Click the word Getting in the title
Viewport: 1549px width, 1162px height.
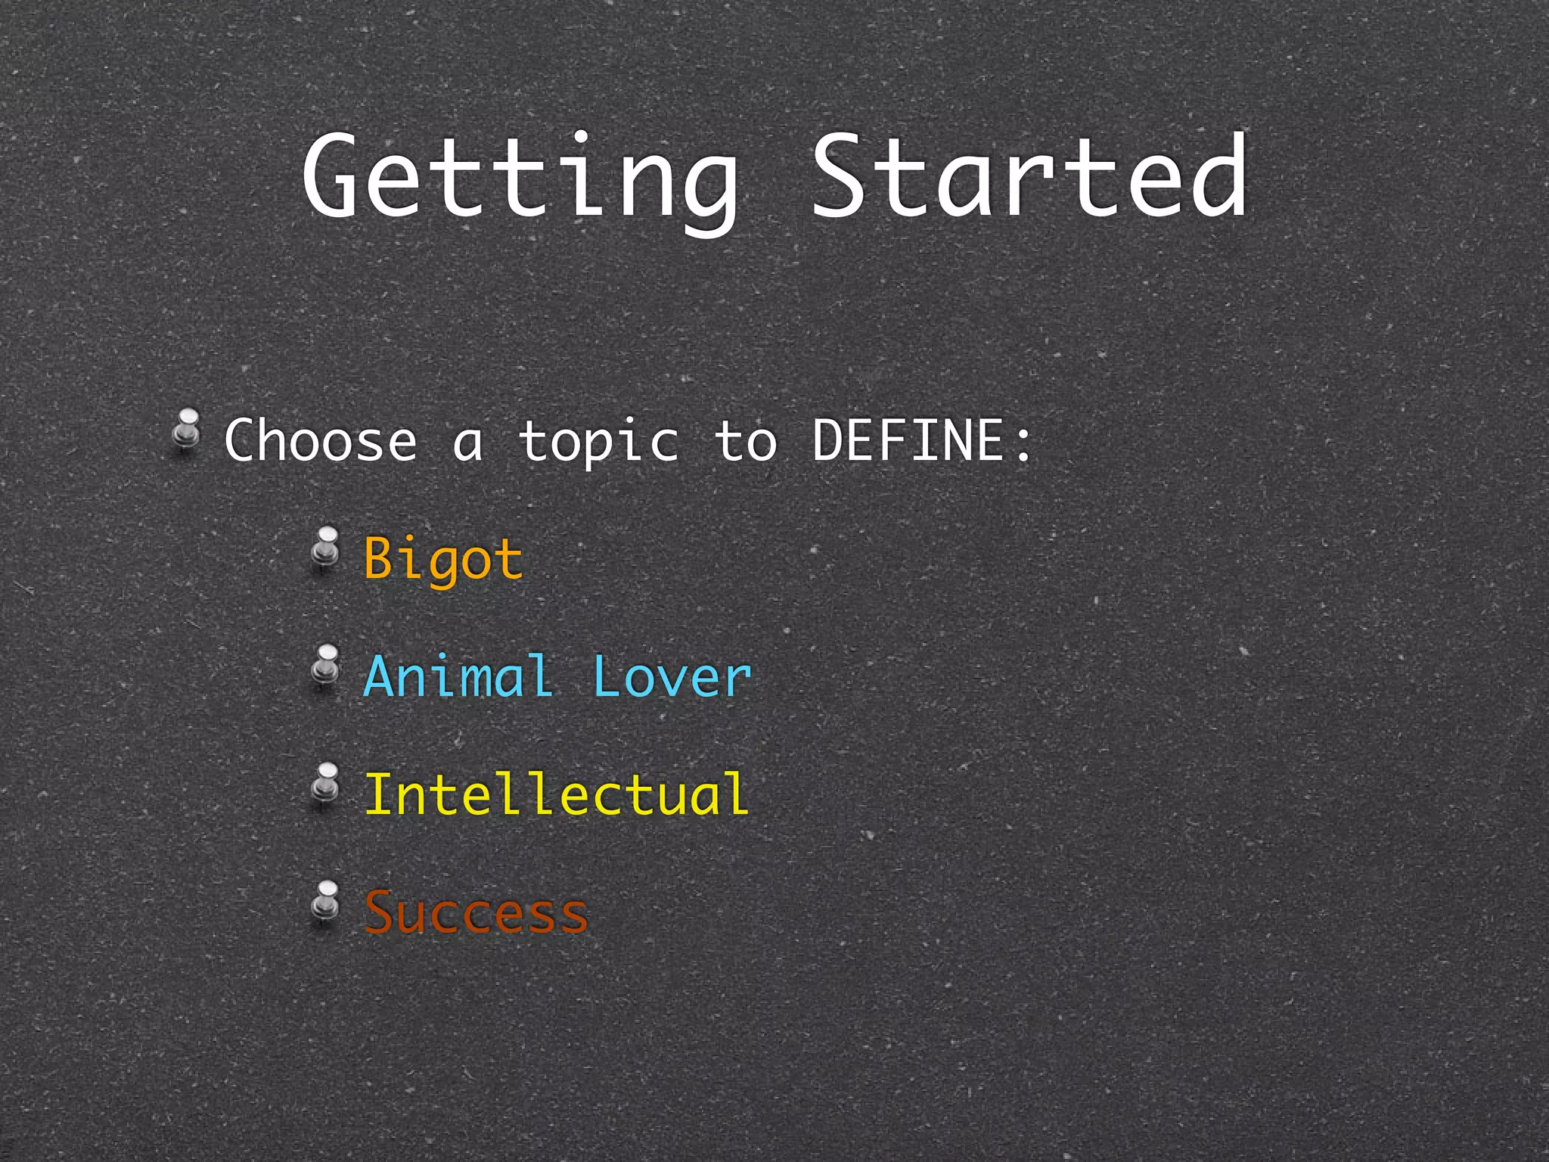[520, 179]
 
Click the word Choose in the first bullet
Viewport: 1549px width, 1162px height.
[321, 440]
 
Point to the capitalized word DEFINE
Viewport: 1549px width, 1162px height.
[908, 440]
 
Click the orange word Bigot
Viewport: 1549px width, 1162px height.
[443, 560]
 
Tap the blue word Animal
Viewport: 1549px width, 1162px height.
[458, 676]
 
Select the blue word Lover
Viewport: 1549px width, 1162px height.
[672, 676]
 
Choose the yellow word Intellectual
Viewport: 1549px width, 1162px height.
[557, 794]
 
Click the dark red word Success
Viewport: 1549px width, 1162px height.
[476, 912]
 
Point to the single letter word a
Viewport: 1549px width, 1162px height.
[467, 445]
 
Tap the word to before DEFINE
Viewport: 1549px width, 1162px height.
[746, 442]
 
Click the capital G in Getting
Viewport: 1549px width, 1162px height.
[331, 176]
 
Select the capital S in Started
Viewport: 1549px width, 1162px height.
[840, 176]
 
